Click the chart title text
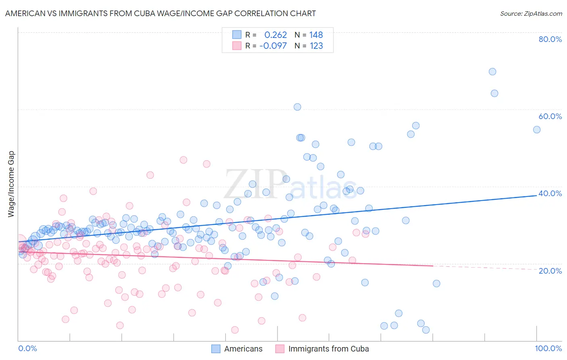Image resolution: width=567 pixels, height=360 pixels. pos(160,13)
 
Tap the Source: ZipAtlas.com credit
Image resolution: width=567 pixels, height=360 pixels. pos(531,13)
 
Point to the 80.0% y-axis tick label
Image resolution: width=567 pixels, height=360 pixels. pos(550,39)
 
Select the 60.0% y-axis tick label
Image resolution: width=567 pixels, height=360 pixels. pos(550,116)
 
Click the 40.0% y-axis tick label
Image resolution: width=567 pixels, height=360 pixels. pos(550,193)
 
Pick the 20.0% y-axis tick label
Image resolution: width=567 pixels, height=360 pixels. pos(550,270)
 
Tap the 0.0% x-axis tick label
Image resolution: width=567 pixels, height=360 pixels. pos(27,348)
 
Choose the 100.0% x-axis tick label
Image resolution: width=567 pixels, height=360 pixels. pos(548,348)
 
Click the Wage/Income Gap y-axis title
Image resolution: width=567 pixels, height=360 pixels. pos(11,184)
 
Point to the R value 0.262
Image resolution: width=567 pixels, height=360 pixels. pos(275,35)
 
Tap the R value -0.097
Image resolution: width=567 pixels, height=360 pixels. pos(273,46)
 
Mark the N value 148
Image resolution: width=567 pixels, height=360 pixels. pos(316,35)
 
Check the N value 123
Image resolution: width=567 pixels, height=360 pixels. pos(316,46)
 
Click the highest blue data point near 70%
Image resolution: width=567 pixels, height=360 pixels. pos(492,72)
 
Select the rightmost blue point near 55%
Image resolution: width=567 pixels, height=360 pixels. pos(536,130)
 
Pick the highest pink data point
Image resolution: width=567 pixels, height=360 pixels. pos(183,160)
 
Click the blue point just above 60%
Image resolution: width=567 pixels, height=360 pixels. pos(297,107)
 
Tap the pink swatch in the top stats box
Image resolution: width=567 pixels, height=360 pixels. pos(237,46)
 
